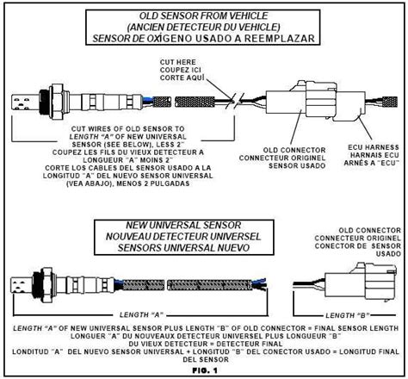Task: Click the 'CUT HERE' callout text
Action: (x=178, y=62)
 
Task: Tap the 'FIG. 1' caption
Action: (x=205, y=370)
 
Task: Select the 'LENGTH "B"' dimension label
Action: (x=347, y=315)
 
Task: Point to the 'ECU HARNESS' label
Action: (x=374, y=147)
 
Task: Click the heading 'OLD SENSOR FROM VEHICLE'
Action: (x=203, y=16)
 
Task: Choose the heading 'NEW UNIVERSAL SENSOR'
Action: (x=183, y=225)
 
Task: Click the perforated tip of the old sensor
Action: (x=25, y=103)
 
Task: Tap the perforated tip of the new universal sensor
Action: (x=22, y=285)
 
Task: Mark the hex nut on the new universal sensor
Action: (x=46, y=285)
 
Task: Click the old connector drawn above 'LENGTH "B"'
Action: (x=361, y=282)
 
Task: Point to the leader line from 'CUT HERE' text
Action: (x=219, y=88)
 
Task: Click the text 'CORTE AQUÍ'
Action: (x=182, y=78)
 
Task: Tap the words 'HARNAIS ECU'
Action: (x=374, y=155)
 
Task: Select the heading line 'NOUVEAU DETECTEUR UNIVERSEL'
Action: (x=183, y=237)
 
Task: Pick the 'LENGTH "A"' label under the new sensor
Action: (x=141, y=314)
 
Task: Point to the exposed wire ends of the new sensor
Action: (x=260, y=283)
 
